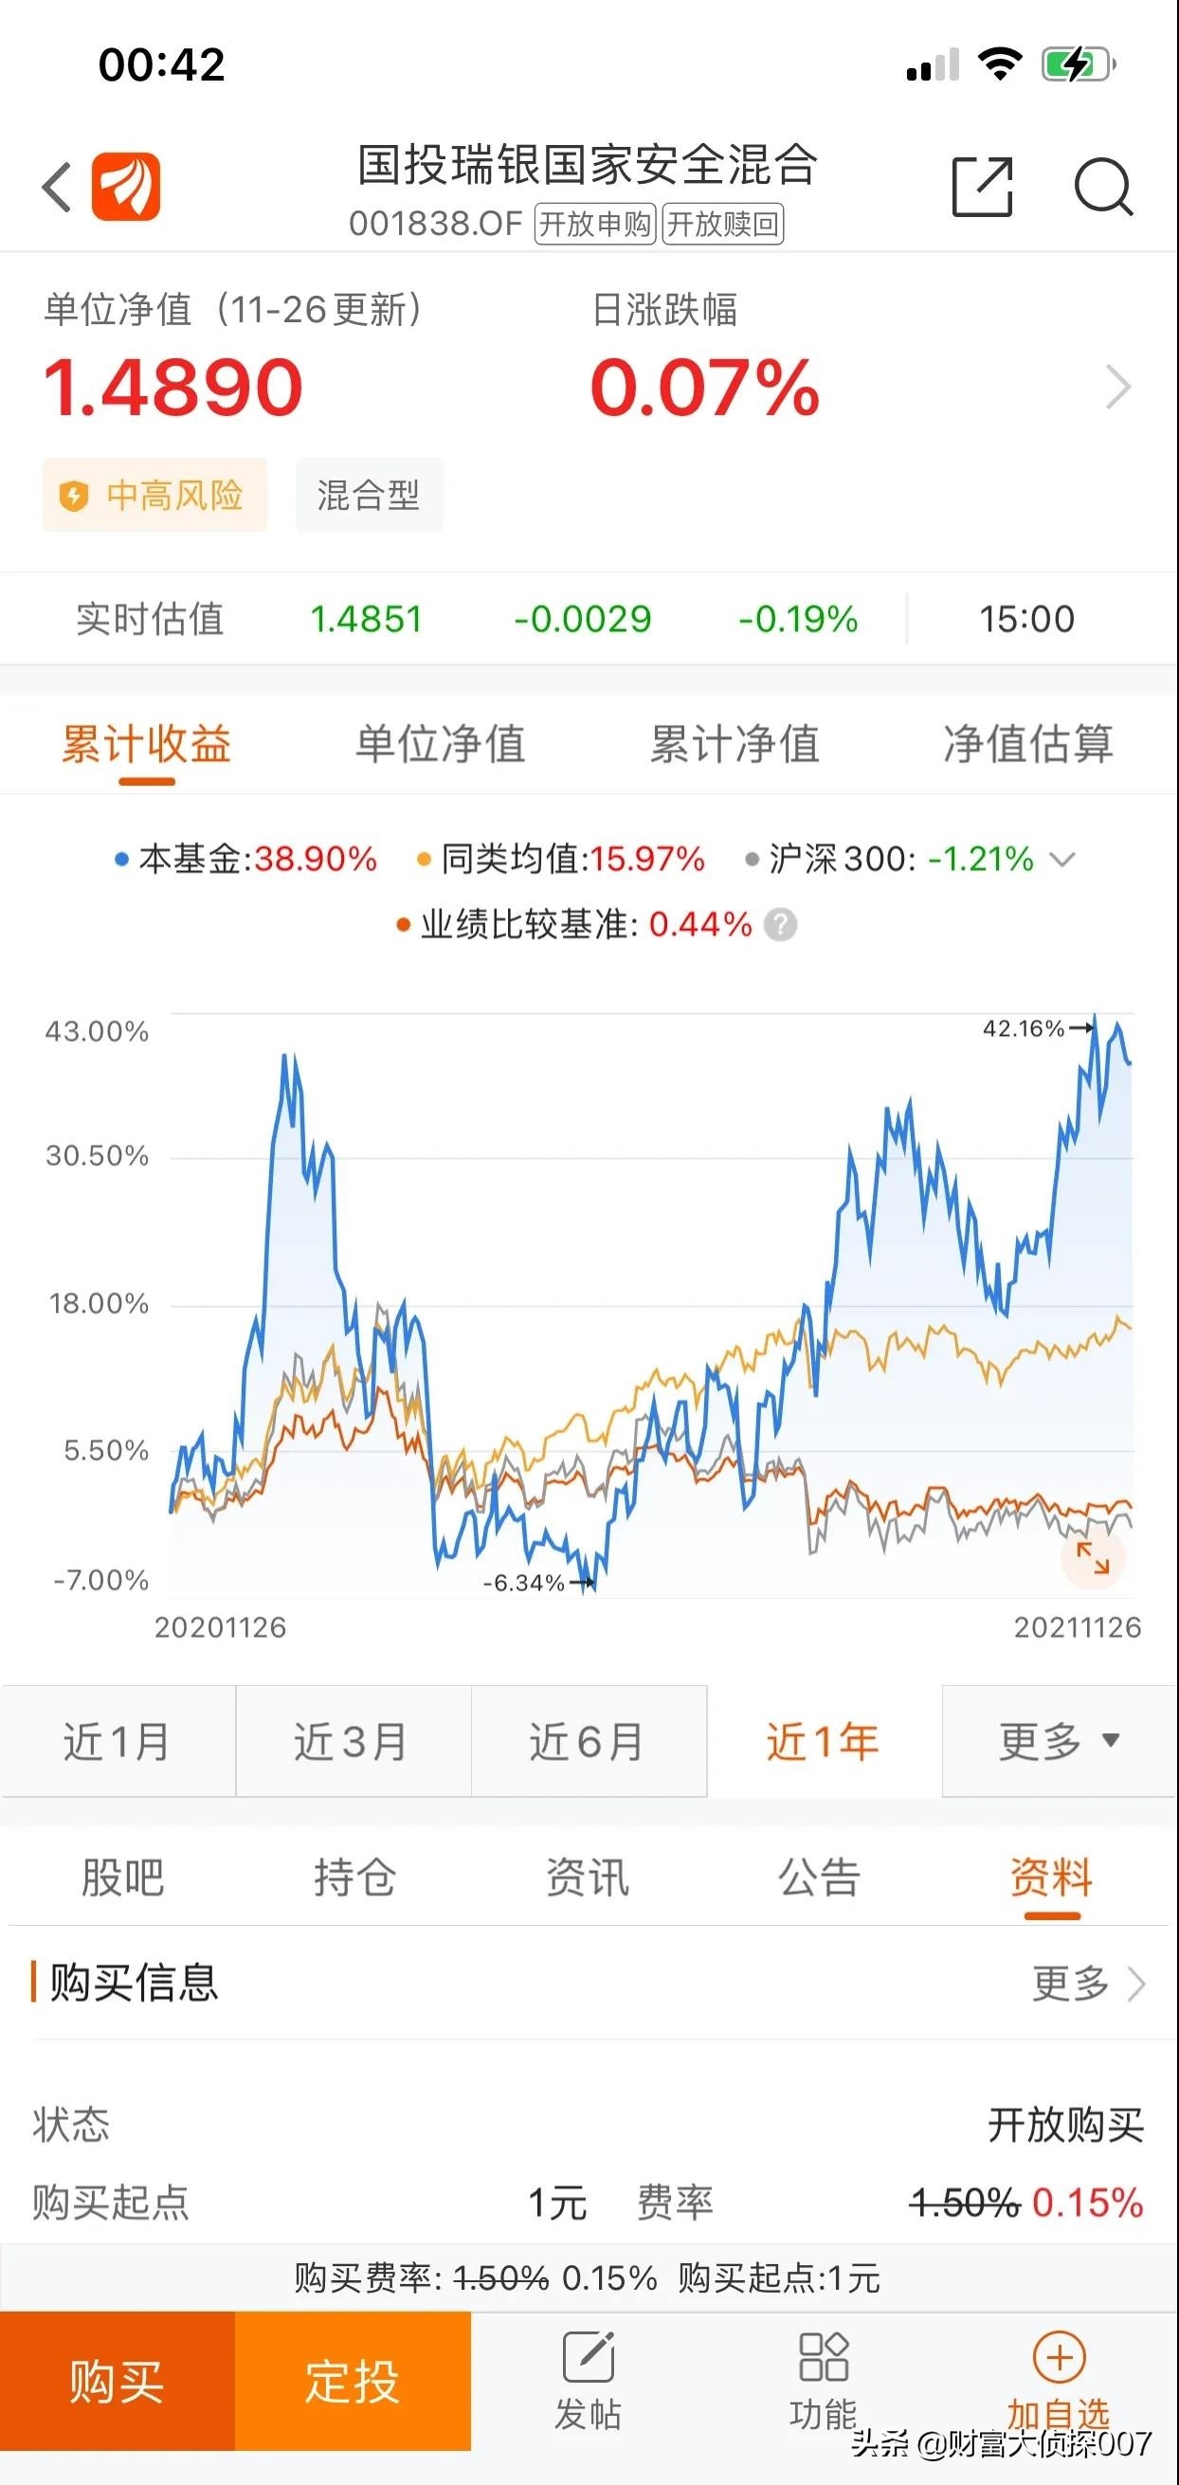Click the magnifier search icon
click(x=1103, y=186)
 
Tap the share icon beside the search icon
click(x=982, y=186)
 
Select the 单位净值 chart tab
click(x=440, y=745)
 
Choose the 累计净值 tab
click(x=735, y=745)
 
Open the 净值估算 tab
click(x=1027, y=745)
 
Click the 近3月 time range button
click(x=353, y=1742)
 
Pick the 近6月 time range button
click(x=588, y=1742)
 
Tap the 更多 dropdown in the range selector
click(x=1059, y=1742)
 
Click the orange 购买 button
click(x=117, y=2382)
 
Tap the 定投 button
click(x=353, y=2382)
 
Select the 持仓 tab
click(x=354, y=1877)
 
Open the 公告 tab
click(x=819, y=1877)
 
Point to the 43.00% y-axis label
click(x=97, y=1031)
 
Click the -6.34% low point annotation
click(x=524, y=1583)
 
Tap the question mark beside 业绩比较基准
click(x=781, y=925)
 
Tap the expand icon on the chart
click(x=1092, y=1558)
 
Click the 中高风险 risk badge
click(x=154, y=495)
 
